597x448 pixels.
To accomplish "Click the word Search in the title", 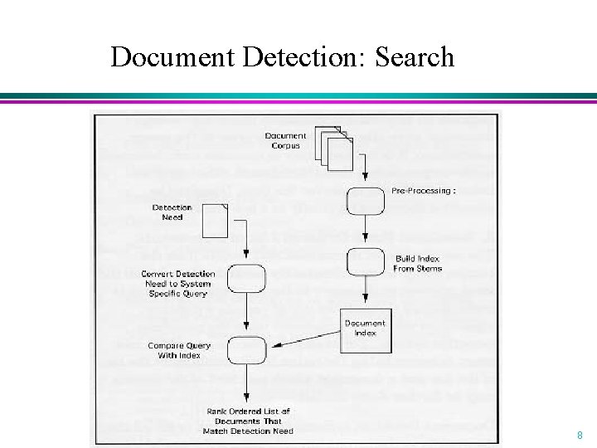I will pos(415,56).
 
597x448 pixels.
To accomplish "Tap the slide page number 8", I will pos(580,434).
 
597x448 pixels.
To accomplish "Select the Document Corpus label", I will pos(285,140).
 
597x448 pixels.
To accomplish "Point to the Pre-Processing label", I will pos(423,191).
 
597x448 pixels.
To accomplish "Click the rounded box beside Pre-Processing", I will pos(365,201).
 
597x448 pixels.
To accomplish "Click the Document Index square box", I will pos(365,328).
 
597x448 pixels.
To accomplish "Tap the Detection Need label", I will pos(172,212).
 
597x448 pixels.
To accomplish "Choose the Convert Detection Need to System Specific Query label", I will pos(177,283).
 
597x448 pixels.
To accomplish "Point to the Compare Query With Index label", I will pos(179,350).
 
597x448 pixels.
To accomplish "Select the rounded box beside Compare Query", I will pos(246,348).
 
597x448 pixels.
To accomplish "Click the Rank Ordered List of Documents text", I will pos(248,421).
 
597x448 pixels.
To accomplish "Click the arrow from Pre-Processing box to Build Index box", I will pos(365,230).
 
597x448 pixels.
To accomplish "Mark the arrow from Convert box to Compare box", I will pos(246,312).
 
